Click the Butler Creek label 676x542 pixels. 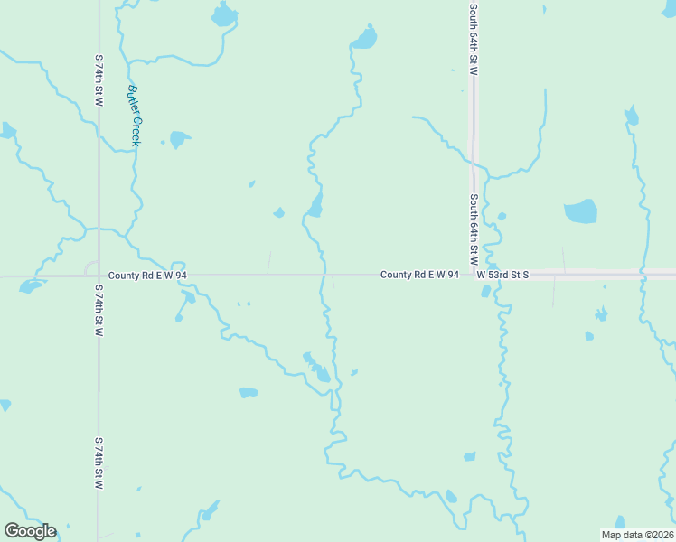click(135, 115)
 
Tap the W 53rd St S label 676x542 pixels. click(502, 274)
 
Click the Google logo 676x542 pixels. click(30, 531)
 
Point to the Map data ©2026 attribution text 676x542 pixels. click(636, 535)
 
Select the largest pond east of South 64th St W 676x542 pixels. click(580, 211)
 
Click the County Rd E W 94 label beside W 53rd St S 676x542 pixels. click(419, 274)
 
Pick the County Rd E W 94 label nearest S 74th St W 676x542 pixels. click(147, 275)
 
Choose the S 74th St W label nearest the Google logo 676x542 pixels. click(99, 463)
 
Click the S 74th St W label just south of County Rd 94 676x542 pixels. click(99, 311)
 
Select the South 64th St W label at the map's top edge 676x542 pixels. click(473, 38)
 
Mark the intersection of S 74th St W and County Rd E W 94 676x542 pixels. click(99, 275)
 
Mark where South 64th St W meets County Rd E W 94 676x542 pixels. click(473, 275)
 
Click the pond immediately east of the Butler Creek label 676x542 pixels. click(179, 139)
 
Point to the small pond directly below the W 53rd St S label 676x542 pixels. click(486, 291)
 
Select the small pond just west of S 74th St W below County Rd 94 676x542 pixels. click(31, 287)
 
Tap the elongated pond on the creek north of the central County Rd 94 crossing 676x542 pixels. click(315, 206)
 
